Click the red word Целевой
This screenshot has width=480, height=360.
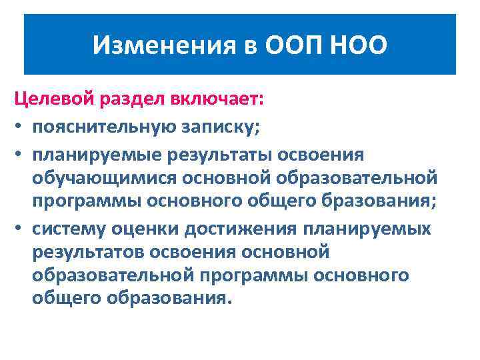[55, 100]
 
